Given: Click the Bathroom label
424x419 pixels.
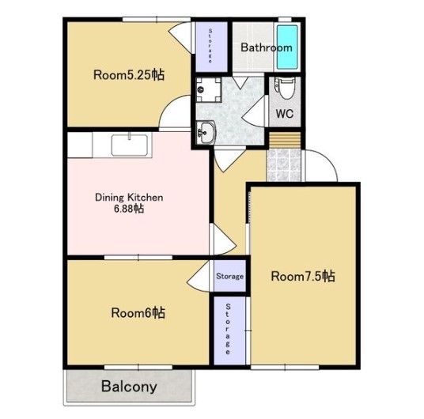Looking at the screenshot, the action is point(267,47).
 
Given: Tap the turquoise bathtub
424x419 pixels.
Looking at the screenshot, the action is point(287,47).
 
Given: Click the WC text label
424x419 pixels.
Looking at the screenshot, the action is point(285,114).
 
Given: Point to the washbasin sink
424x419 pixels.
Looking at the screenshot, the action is point(206,132).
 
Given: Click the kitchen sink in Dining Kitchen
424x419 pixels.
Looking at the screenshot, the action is point(130,145).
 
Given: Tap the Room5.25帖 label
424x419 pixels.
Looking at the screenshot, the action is point(129,75).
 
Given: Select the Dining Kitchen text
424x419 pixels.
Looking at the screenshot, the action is point(129,198).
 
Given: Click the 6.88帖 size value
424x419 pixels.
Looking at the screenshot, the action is point(129,209).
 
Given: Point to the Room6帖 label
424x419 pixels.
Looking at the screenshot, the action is point(138,313).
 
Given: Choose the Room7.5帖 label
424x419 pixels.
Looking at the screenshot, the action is point(303,276).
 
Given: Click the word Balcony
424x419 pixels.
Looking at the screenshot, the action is point(129,387).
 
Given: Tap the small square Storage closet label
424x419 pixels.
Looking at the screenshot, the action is point(229,276).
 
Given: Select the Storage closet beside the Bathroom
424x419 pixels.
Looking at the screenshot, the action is point(211,47).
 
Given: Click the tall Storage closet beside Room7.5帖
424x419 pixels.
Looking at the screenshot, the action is point(229,330).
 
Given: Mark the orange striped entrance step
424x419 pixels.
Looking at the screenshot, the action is point(285,140).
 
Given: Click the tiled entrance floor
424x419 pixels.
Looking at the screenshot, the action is point(284,165).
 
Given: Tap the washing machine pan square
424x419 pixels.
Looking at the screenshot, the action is point(209,89).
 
